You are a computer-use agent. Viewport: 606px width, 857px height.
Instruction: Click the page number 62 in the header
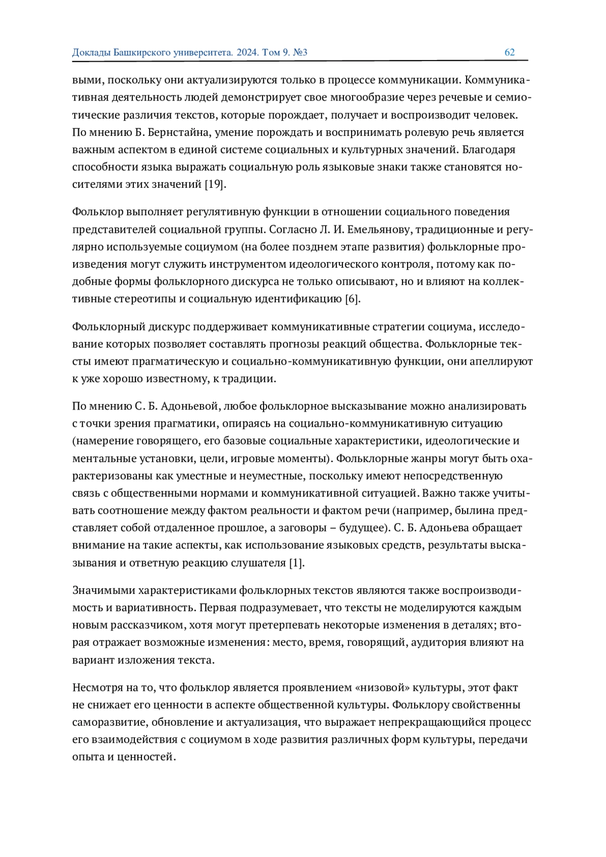[x=510, y=53]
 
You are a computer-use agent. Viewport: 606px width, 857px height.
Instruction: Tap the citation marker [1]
[x=296, y=563]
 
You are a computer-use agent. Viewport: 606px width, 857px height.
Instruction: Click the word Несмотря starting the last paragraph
[x=96, y=687]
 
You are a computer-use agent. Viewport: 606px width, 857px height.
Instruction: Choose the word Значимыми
[x=104, y=590]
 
